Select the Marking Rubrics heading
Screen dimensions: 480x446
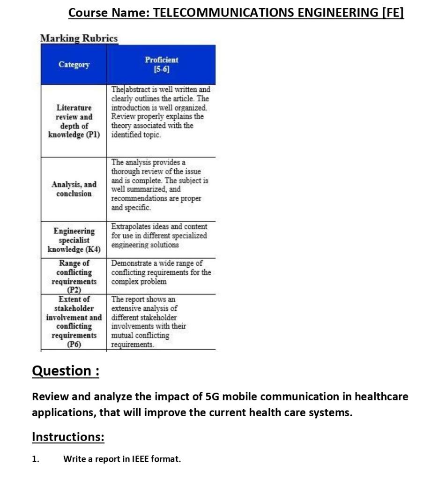tap(79, 38)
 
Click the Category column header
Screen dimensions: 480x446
tap(74, 65)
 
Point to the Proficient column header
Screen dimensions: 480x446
tap(161, 60)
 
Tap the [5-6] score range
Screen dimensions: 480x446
tap(161, 69)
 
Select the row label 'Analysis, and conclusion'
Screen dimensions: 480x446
tap(74, 189)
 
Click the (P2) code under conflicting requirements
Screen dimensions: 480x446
tap(74, 290)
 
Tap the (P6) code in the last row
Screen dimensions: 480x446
tap(74, 345)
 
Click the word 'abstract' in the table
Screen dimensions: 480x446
tap(139, 90)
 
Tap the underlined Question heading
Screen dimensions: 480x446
tap(66, 371)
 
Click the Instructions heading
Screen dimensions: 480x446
tap(68, 437)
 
